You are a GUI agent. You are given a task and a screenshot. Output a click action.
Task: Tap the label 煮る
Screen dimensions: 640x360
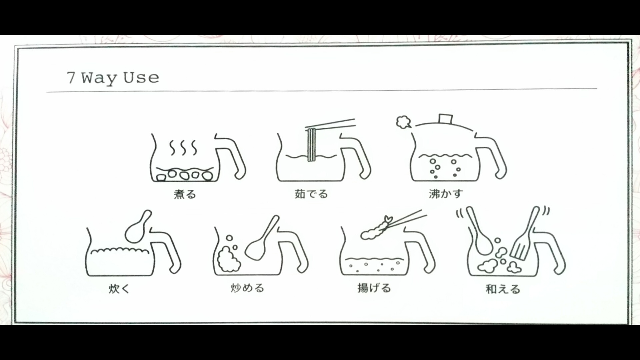185,194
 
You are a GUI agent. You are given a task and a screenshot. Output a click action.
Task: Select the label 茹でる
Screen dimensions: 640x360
311,194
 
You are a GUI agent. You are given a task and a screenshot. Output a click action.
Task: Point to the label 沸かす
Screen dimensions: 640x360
446,193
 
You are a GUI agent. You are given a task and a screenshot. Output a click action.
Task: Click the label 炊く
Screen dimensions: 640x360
119,288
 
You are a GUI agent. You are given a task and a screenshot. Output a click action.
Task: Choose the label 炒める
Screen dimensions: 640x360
247,288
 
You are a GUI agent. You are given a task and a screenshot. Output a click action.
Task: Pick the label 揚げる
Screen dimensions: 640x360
374,288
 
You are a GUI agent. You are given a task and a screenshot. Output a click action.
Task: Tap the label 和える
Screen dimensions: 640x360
503,289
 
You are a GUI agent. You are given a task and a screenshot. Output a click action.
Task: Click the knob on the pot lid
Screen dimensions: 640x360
445,119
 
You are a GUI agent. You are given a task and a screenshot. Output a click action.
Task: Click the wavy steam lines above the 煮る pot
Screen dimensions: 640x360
183,147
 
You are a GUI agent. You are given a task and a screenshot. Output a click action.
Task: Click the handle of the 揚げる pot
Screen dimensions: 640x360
422,250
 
